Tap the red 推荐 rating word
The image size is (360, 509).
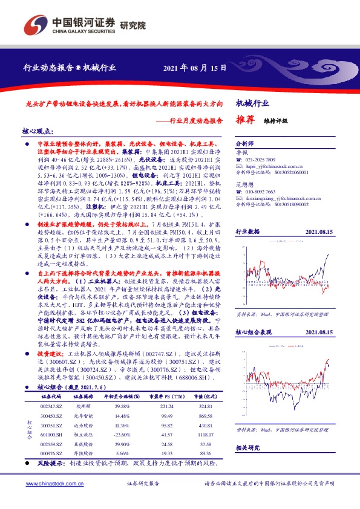[244, 120]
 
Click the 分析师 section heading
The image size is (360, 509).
[244, 143]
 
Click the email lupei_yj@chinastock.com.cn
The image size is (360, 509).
[277, 166]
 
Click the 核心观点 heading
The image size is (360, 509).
[38, 131]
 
